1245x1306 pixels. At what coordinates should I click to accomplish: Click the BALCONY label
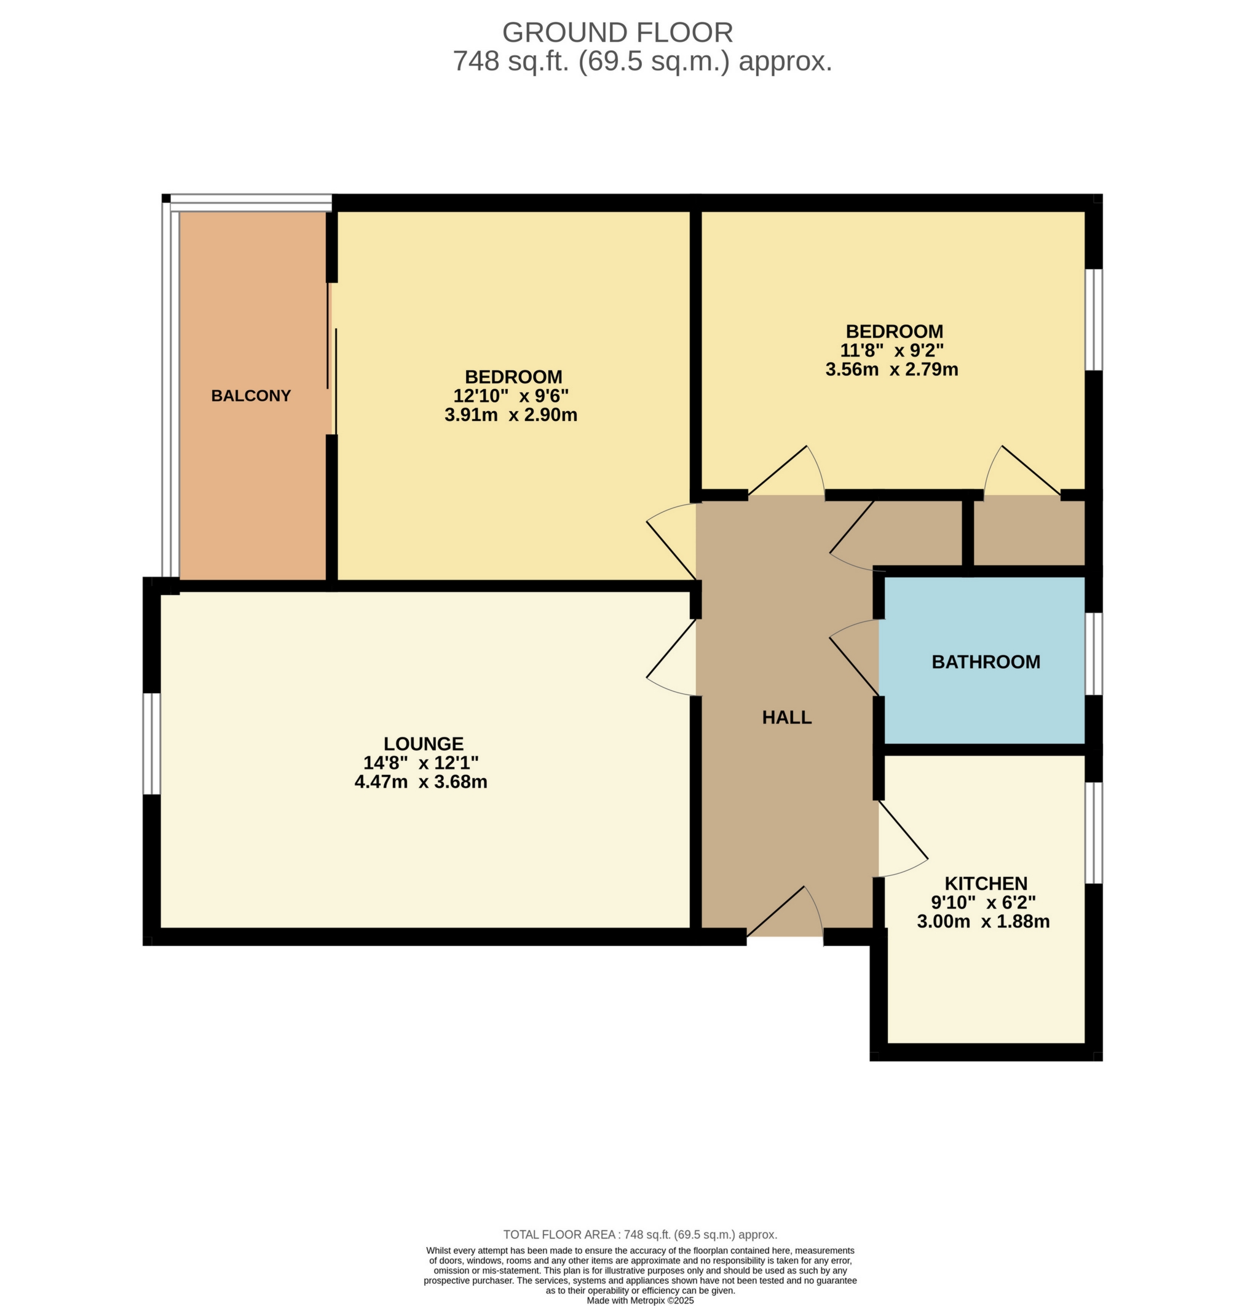coord(251,396)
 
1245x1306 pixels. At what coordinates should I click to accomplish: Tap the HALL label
coord(786,717)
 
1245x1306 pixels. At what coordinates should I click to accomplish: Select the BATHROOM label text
coord(986,662)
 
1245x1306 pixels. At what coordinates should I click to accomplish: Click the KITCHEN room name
coord(986,884)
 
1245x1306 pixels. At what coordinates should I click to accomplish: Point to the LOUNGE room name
coord(424,744)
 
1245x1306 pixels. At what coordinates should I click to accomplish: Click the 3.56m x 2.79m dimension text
coord(891,369)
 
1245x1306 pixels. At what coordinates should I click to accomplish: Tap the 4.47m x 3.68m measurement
coord(421,782)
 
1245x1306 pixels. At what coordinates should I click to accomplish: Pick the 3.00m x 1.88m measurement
coord(983,921)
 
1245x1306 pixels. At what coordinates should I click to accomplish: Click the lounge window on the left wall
coord(152,744)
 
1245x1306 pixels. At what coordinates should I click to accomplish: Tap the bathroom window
coord(1093,654)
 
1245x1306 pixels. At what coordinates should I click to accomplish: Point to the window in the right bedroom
coord(1093,319)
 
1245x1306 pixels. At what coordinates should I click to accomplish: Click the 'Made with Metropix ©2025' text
coord(640,1300)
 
